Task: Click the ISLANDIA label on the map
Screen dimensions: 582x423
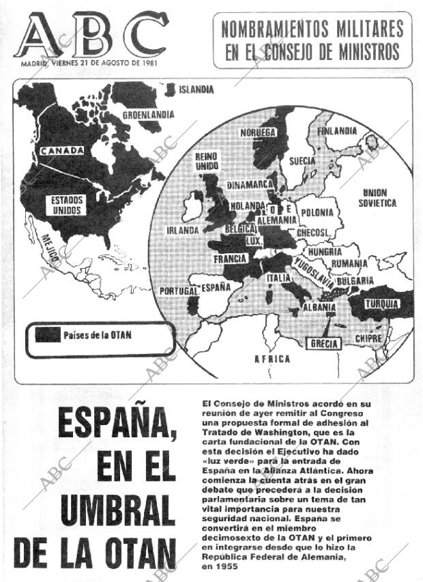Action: (x=196, y=89)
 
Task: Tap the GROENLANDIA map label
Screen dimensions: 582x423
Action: (x=149, y=115)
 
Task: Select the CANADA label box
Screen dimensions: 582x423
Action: (x=61, y=150)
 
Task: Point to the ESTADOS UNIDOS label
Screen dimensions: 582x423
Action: (x=65, y=205)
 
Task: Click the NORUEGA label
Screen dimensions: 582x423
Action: (x=258, y=132)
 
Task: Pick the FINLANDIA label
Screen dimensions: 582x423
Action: (x=337, y=130)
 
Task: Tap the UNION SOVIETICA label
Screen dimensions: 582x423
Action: (x=379, y=198)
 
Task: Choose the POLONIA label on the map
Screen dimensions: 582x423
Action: (x=317, y=212)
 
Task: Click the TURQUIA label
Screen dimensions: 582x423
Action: (x=381, y=303)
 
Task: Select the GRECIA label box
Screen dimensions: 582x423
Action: (x=325, y=343)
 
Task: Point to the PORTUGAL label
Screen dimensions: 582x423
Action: (x=177, y=291)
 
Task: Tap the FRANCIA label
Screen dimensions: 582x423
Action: (x=230, y=259)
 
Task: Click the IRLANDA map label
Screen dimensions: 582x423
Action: (x=183, y=230)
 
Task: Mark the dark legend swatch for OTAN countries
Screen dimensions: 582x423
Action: (x=46, y=335)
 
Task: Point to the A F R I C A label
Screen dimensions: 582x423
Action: (x=272, y=359)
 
